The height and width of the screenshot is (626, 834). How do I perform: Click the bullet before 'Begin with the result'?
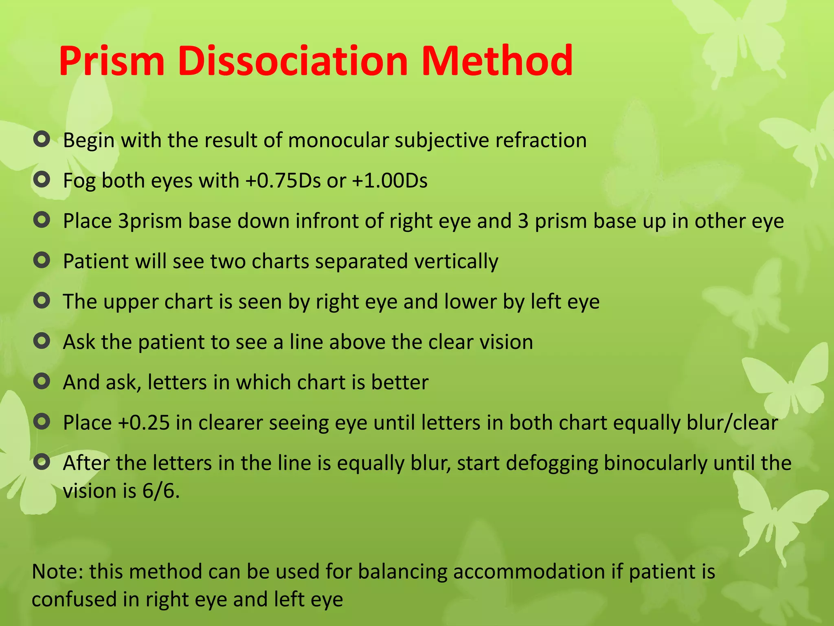click(x=42, y=139)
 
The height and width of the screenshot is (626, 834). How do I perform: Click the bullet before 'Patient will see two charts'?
click(x=42, y=260)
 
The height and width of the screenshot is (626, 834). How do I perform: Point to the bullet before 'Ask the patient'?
click(x=42, y=341)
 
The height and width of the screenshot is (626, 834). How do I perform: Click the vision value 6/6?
click(x=160, y=491)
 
